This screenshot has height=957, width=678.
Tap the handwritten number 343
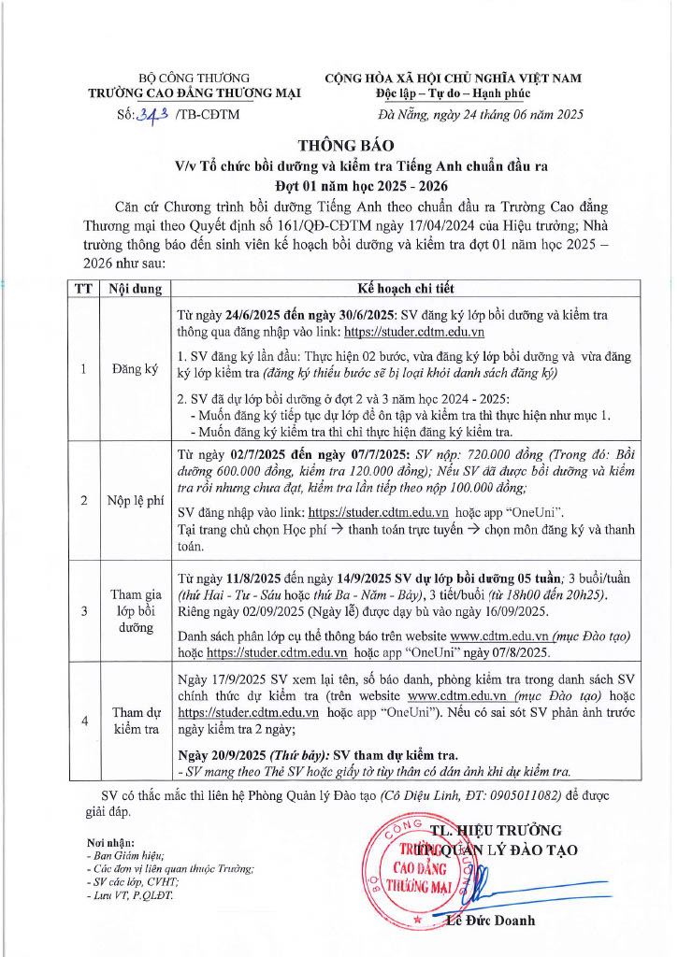pyautogui.click(x=153, y=115)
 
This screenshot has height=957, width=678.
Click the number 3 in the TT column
pyautogui.click(x=84, y=611)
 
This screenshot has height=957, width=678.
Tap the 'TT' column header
pyautogui.click(x=84, y=289)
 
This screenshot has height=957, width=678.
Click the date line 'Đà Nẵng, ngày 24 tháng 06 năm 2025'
pyautogui.click(x=481, y=115)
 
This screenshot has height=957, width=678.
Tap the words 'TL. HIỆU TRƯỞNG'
pyautogui.click(x=497, y=830)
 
